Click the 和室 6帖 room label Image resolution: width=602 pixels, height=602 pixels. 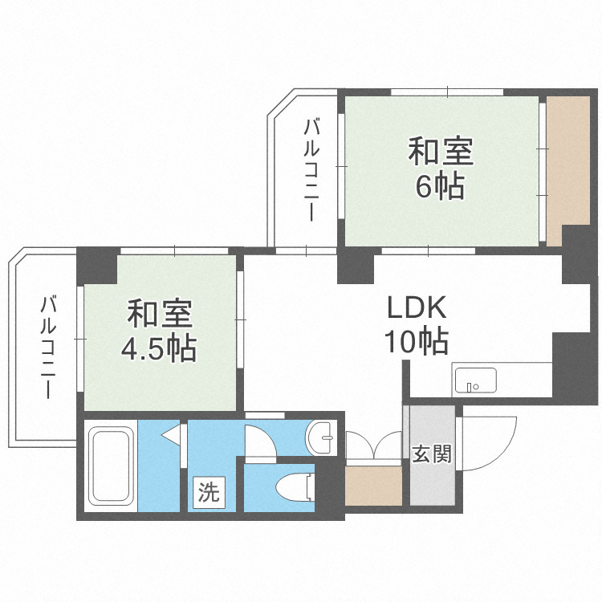pyautogui.click(x=439, y=169)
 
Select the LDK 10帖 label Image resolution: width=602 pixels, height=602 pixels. pyautogui.click(x=417, y=324)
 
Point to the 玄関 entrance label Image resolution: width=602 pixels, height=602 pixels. pyautogui.click(x=431, y=454)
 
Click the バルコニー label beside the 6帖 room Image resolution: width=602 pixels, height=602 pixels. pyautogui.click(x=312, y=169)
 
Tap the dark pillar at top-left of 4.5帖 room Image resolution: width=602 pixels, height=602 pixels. pyautogui.click(x=97, y=264)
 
